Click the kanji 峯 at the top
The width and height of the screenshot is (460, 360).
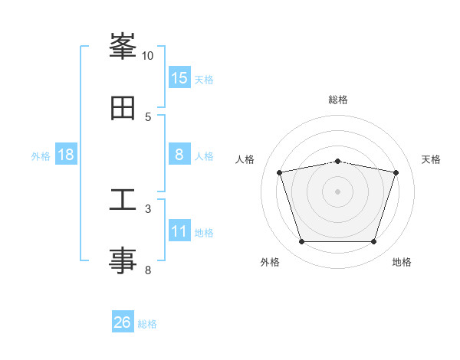[x=123, y=46]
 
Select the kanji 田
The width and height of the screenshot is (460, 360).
[x=123, y=108]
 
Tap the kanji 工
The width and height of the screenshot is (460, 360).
[x=123, y=199]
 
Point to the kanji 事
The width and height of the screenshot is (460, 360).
[x=123, y=260]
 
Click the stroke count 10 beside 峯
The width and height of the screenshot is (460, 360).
[x=147, y=56]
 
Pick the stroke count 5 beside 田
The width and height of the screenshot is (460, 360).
[x=148, y=117]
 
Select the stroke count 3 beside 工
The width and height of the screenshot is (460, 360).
[x=148, y=209]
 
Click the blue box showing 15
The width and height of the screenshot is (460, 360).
[x=179, y=77]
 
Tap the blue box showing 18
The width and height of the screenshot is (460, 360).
[x=66, y=154]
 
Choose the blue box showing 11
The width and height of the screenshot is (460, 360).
[x=179, y=230]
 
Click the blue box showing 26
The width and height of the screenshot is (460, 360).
[x=123, y=321]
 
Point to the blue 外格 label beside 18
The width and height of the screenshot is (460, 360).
[x=41, y=156]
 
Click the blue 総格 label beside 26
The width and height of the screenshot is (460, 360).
[x=147, y=324]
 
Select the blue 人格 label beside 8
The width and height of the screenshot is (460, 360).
[x=204, y=156]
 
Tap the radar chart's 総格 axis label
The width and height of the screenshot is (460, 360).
[x=338, y=100]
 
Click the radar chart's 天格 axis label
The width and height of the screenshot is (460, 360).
[x=431, y=159]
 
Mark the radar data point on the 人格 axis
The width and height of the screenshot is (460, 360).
[x=280, y=172]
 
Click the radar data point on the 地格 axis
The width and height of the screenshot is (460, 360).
[x=374, y=242]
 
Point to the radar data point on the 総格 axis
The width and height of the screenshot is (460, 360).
[x=338, y=162]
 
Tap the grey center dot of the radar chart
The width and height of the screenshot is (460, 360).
[x=337, y=191]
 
